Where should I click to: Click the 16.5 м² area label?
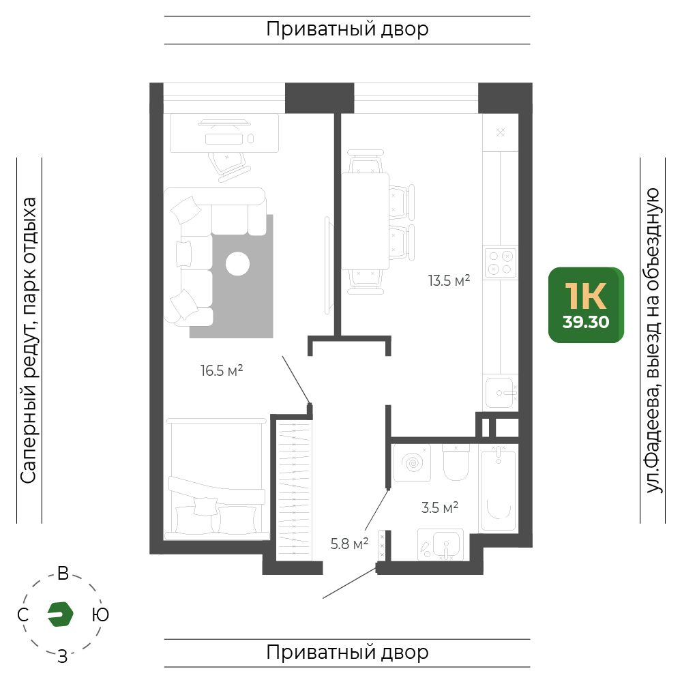pyautogui.click(x=222, y=370)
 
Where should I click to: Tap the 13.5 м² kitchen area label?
pyautogui.click(x=449, y=280)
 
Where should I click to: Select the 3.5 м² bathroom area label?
pyautogui.click(x=440, y=507)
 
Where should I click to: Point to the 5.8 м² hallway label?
pyautogui.click(x=349, y=544)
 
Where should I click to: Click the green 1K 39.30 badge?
pyautogui.click(x=586, y=305)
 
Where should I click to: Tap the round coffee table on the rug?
pyautogui.click(x=237, y=263)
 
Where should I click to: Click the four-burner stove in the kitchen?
pyautogui.click(x=500, y=263)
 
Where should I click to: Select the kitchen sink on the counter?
pyautogui.click(x=501, y=393)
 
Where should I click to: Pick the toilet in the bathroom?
pyautogui.click(x=456, y=462)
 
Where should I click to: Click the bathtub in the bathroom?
pyautogui.click(x=499, y=488)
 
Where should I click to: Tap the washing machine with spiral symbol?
pyautogui.click(x=412, y=463)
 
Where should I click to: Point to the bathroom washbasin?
pyautogui.click(x=441, y=544)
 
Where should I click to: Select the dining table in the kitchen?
pyautogui.click(x=365, y=221)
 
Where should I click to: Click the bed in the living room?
pyautogui.click(x=216, y=479)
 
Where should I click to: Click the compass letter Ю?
pyautogui.click(x=100, y=614)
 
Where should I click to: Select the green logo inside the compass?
pyautogui.click(x=60, y=614)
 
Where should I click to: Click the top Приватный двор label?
pyautogui.click(x=348, y=29)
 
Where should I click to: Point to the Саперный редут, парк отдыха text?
pyautogui.click(x=29, y=340)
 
